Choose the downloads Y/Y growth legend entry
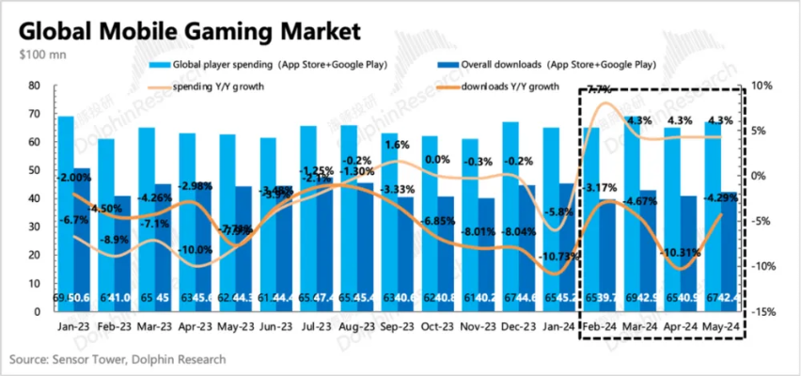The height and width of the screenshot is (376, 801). click(513, 86)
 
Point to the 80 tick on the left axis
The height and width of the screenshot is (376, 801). click(34, 86)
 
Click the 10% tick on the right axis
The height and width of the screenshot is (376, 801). click(762, 86)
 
